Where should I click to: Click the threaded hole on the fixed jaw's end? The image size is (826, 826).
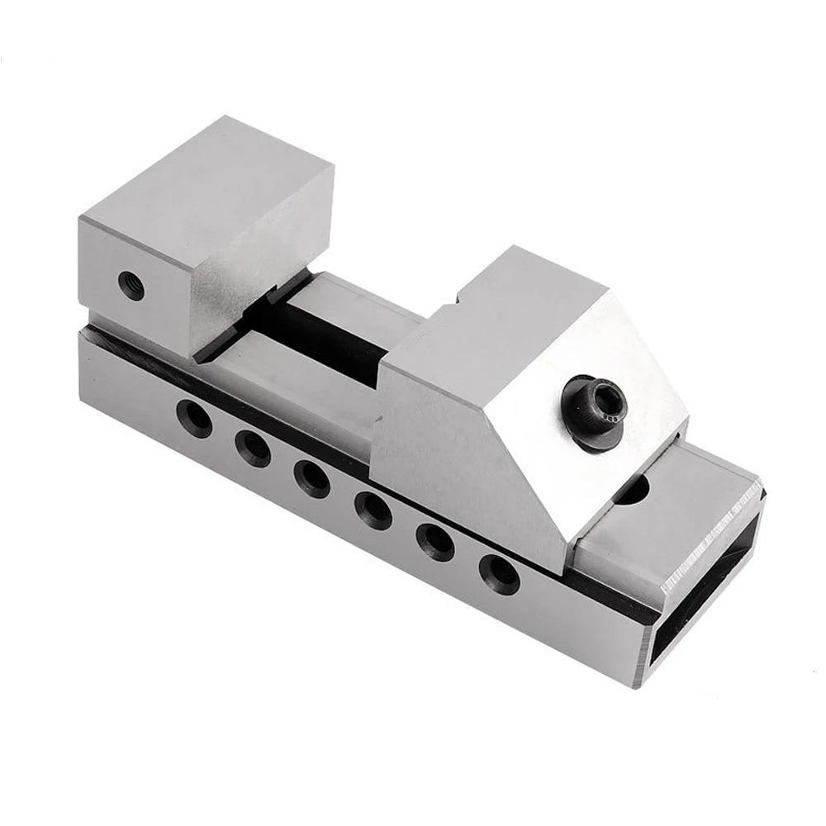point(131,286)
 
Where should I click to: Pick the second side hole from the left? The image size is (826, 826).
point(252,448)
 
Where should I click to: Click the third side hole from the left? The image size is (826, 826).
point(311,477)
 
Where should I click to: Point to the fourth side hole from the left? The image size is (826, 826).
point(373,509)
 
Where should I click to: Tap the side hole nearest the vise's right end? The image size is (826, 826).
point(499,573)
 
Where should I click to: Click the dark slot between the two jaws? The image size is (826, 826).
point(330,330)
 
